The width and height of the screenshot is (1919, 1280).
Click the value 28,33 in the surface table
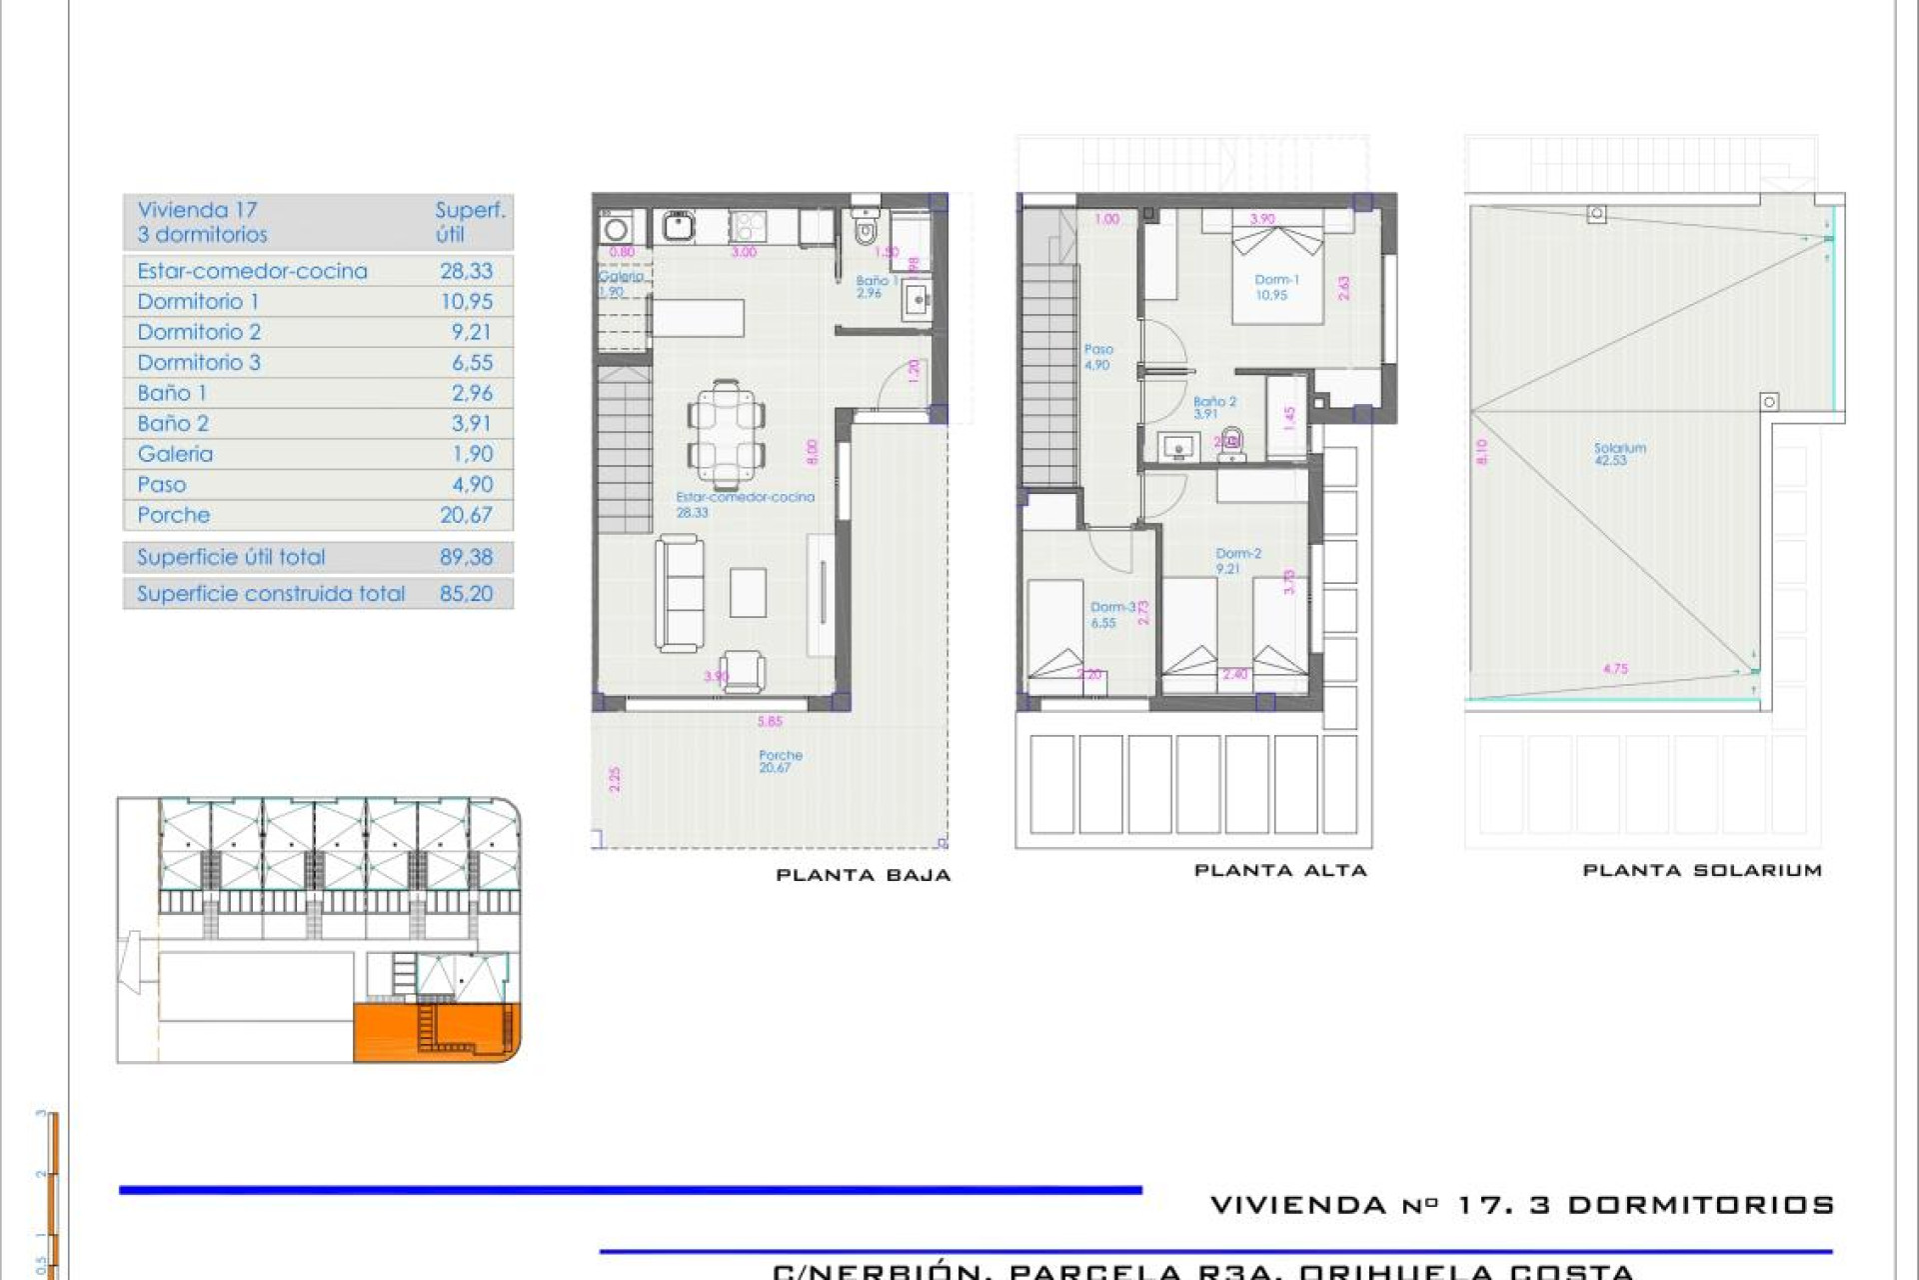pyautogui.click(x=466, y=271)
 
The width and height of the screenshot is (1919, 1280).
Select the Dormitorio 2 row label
pyautogui.click(x=199, y=332)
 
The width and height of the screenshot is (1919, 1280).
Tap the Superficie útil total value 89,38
pyautogui.click(x=466, y=557)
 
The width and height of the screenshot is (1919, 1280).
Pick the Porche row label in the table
pyautogui.click(x=174, y=515)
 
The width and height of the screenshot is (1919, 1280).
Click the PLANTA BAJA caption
pyautogui.click(x=863, y=875)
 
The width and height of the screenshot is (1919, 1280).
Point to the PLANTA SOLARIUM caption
pyautogui.click(x=1701, y=871)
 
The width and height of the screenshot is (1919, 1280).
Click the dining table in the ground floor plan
pyautogui.click(x=727, y=434)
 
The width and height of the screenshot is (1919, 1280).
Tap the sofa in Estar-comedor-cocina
pyautogui.click(x=680, y=592)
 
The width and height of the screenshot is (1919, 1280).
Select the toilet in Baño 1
pyautogui.click(x=866, y=232)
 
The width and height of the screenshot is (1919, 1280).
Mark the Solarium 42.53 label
pyautogui.click(x=1619, y=454)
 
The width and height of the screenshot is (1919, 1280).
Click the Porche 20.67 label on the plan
pyautogui.click(x=780, y=761)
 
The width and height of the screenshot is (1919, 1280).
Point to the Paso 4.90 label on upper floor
pyautogui.click(x=1097, y=357)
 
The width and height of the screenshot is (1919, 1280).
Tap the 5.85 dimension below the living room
pyautogui.click(x=770, y=721)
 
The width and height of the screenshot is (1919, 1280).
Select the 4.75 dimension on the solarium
pyautogui.click(x=1615, y=669)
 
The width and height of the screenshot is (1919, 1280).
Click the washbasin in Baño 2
pyautogui.click(x=1178, y=447)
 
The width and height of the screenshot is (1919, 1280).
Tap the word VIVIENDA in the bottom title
pyautogui.click(x=1297, y=1205)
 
